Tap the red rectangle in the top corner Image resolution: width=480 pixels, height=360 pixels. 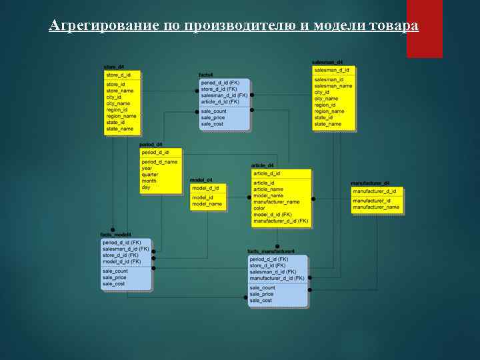pos(424,29)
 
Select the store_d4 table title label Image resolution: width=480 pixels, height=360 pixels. pos(113,66)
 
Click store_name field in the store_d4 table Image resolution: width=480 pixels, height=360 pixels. pos(120,91)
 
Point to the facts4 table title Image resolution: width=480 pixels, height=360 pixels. pos(206,75)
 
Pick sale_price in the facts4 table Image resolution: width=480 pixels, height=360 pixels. pos(214,117)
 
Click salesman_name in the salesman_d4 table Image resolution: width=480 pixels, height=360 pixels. pos(333,85)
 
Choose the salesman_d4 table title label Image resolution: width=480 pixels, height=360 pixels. pos(327,62)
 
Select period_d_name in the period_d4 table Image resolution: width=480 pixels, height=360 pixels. pos(159,162)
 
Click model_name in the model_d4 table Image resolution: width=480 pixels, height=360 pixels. pos(207,204)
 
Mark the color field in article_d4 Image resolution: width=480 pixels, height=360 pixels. pos(259,208)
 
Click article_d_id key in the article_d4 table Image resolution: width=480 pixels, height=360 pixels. pos(267,173)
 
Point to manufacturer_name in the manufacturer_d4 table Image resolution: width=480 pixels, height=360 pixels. pos(376,207)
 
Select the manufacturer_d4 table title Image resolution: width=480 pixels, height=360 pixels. pos(370,183)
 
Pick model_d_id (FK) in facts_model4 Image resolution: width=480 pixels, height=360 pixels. pos(121,261)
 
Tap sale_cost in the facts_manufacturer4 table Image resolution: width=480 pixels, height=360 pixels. pos(261,301)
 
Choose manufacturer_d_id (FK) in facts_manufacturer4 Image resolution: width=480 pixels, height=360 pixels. pos(277,278)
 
